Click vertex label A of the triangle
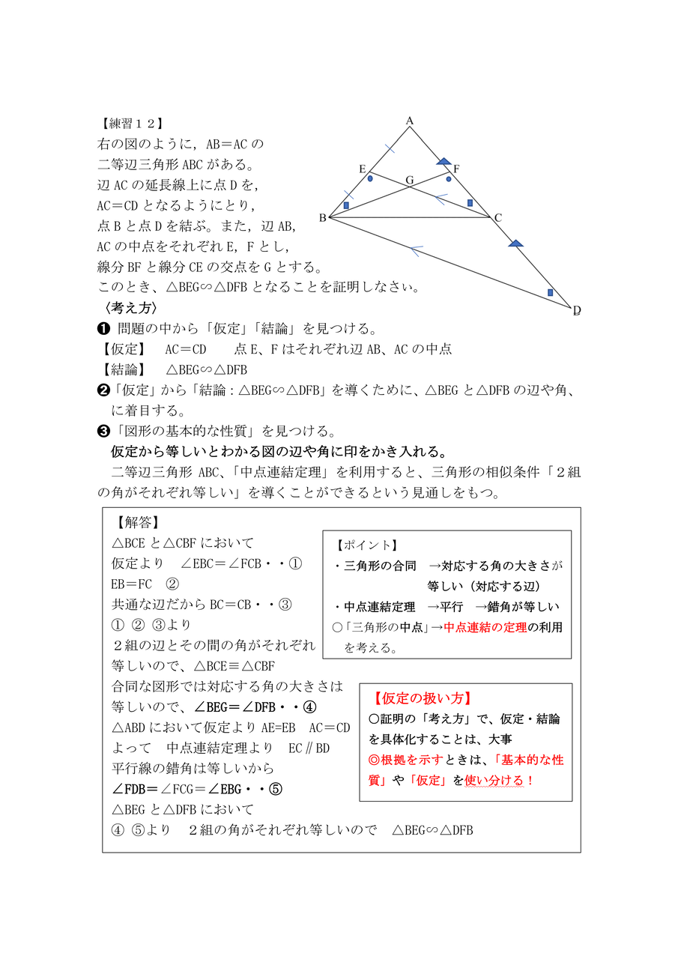pyautogui.click(x=410, y=120)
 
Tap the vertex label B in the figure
pyautogui.click(x=322, y=218)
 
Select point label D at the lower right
pyautogui.click(x=576, y=310)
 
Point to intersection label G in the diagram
pyautogui.click(x=409, y=181)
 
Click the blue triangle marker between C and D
pyautogui.click(x=515, y=243)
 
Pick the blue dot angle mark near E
pyautogui.click(x=370, y=179)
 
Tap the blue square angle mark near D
pyautogui.click(x=550, y=292)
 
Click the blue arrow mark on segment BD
pyautogui.click(x=415, y=247)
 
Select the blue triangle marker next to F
pyautogui.click(x=444, y=160)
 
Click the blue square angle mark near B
pyautogui.click(x=346, y=205)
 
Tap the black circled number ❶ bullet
pyautogui.click(x=104, y=329)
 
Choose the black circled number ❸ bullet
pyautogui.click(x=104, y=431)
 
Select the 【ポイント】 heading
pyautogui.click(x=367, y=545)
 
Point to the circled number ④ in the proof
pyautogui.click(x=311, y=707)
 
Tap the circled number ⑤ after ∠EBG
pyautogui.click(x=275, y=789)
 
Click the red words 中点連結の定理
pyautogui.click(x=485, y=627)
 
